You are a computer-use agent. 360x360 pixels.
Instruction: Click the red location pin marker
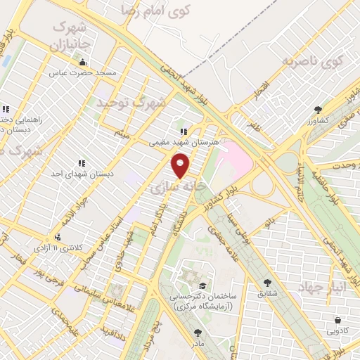181,166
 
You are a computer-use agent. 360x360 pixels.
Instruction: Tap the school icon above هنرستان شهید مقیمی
184,131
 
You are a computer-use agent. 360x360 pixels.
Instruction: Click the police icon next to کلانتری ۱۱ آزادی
58,237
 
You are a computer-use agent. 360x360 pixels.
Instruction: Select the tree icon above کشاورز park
318,110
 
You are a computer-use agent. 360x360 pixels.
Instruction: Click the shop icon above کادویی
338,319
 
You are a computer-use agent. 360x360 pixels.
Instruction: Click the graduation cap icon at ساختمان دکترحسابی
203,285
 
